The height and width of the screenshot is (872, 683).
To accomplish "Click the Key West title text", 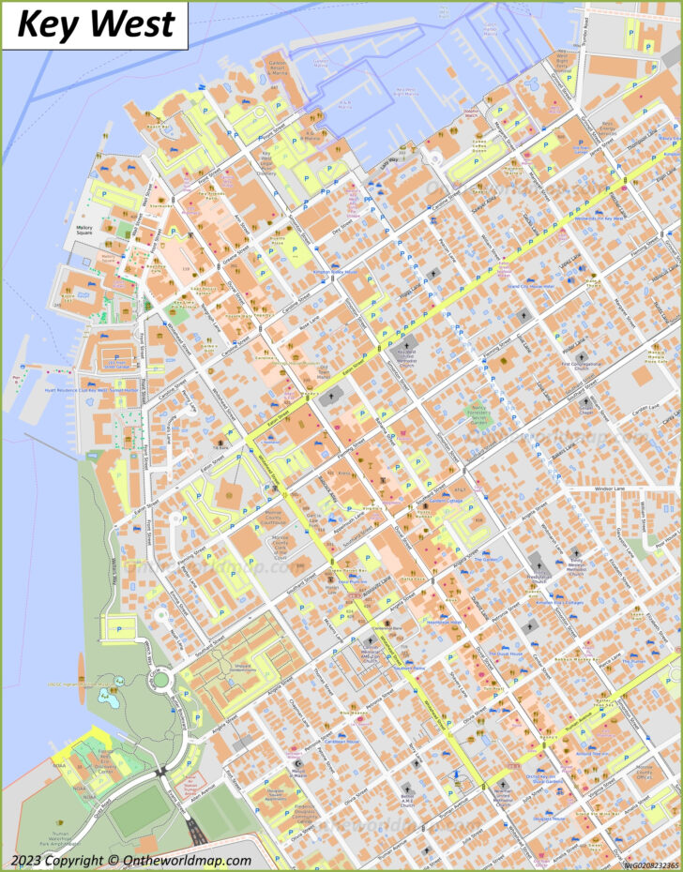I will (96, 23).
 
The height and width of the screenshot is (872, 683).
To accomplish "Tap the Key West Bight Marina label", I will (405, 92).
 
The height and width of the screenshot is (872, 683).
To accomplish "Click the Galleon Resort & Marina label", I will (277, 67).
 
